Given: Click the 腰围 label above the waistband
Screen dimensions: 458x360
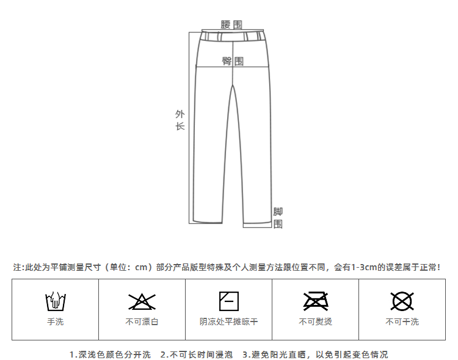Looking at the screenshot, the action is click(231, 24).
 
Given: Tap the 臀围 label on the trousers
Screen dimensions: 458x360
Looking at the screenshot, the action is click(233, 61).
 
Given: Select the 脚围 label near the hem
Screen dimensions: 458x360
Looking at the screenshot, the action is click(278, 218).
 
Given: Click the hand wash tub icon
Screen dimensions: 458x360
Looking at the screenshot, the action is click(55, 301).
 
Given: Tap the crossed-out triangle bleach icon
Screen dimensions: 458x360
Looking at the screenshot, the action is click(142, 301).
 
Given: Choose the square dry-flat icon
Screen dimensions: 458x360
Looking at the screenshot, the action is click(228, 301).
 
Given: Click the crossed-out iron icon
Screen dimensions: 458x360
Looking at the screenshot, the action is click(315, 301).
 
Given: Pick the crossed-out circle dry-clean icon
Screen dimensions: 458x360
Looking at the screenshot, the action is click(402, 301).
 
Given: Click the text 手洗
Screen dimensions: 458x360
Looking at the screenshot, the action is click(55, 321).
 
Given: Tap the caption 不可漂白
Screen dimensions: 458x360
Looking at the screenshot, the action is click(142, 321).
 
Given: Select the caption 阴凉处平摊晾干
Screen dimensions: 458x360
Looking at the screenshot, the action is click(228, 321).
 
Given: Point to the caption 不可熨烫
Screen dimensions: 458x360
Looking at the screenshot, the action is click(315, 321).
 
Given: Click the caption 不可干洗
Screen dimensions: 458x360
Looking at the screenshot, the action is click(402, 321).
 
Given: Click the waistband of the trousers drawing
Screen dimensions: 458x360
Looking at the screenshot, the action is click(233, 37).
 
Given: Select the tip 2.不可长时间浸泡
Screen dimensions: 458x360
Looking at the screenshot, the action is click(196, 354).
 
